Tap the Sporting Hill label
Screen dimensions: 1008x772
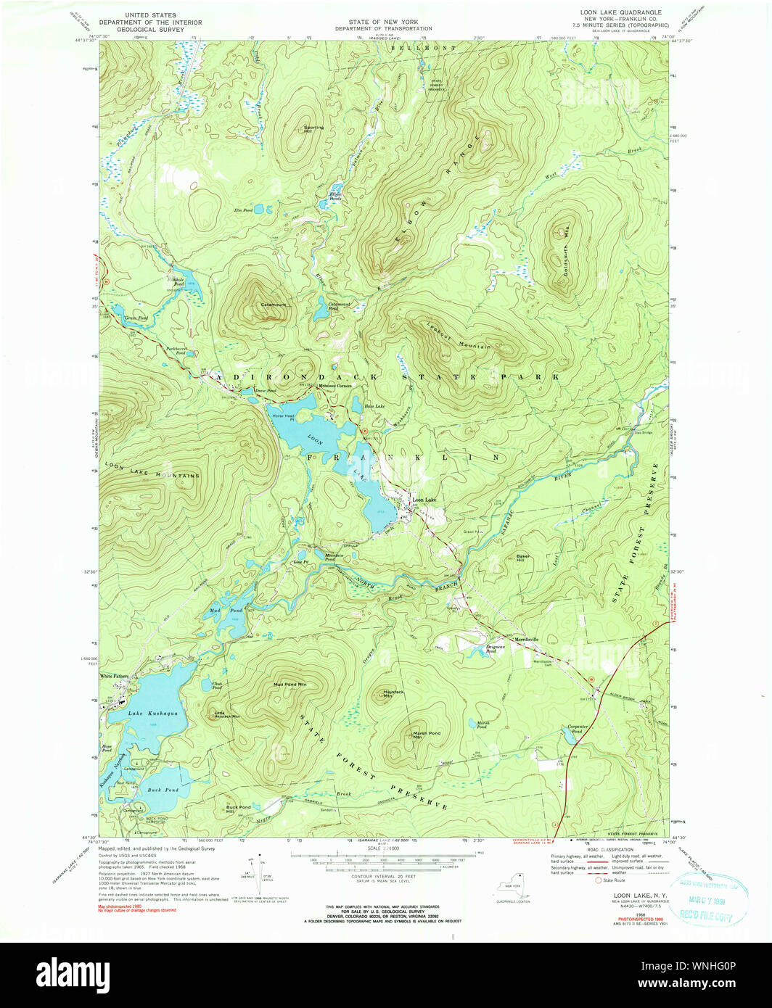click(x=314, y=129)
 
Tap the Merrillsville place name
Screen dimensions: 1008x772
click(x=527, y=639)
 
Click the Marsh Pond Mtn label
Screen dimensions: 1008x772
click(x=427, y=734)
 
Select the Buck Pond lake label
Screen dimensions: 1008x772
click(x=163, y=790)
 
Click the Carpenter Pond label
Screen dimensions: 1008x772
click(x=577, y=728)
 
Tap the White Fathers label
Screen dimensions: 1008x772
click(x=114, y=676)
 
